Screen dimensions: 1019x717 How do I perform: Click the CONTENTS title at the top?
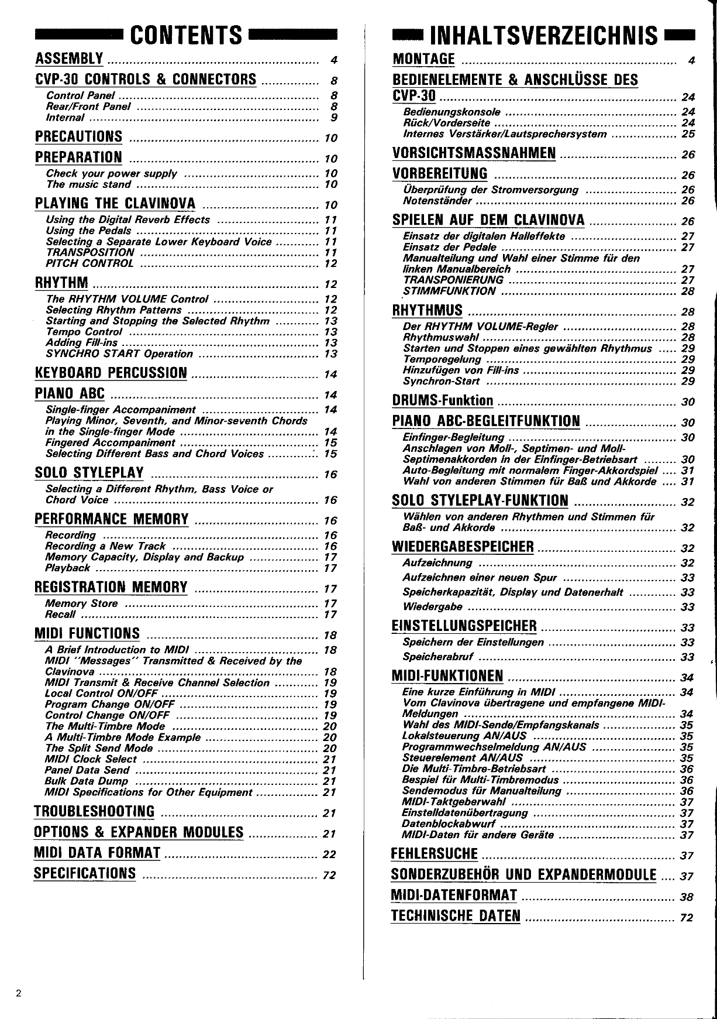[185, 35]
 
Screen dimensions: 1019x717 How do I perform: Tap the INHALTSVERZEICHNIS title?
[543, 36]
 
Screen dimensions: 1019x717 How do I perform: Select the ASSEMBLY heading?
[69, 59]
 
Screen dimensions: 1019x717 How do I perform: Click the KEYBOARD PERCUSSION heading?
[111, 373]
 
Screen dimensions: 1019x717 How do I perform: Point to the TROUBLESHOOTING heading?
[94, 812]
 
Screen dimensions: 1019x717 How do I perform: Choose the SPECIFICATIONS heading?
[85, 874]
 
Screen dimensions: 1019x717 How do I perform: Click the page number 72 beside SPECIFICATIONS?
[329, 876]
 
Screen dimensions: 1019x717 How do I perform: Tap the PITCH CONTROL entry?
[89, 263]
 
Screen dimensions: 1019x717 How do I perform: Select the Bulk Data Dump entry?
[86, 781]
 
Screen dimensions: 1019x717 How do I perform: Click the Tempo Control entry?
[84, 332]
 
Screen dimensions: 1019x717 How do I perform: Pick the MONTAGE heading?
[424, 59]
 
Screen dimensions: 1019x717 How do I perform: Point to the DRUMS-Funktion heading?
[443, 401]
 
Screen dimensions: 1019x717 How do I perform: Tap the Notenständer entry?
[437, 201]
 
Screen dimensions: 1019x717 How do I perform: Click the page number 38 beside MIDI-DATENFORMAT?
[687, 897]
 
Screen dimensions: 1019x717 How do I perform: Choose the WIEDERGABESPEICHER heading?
[463, 547]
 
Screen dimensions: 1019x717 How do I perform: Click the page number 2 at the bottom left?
[19, 993]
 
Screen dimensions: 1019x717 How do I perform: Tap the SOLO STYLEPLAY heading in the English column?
[89, 473]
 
